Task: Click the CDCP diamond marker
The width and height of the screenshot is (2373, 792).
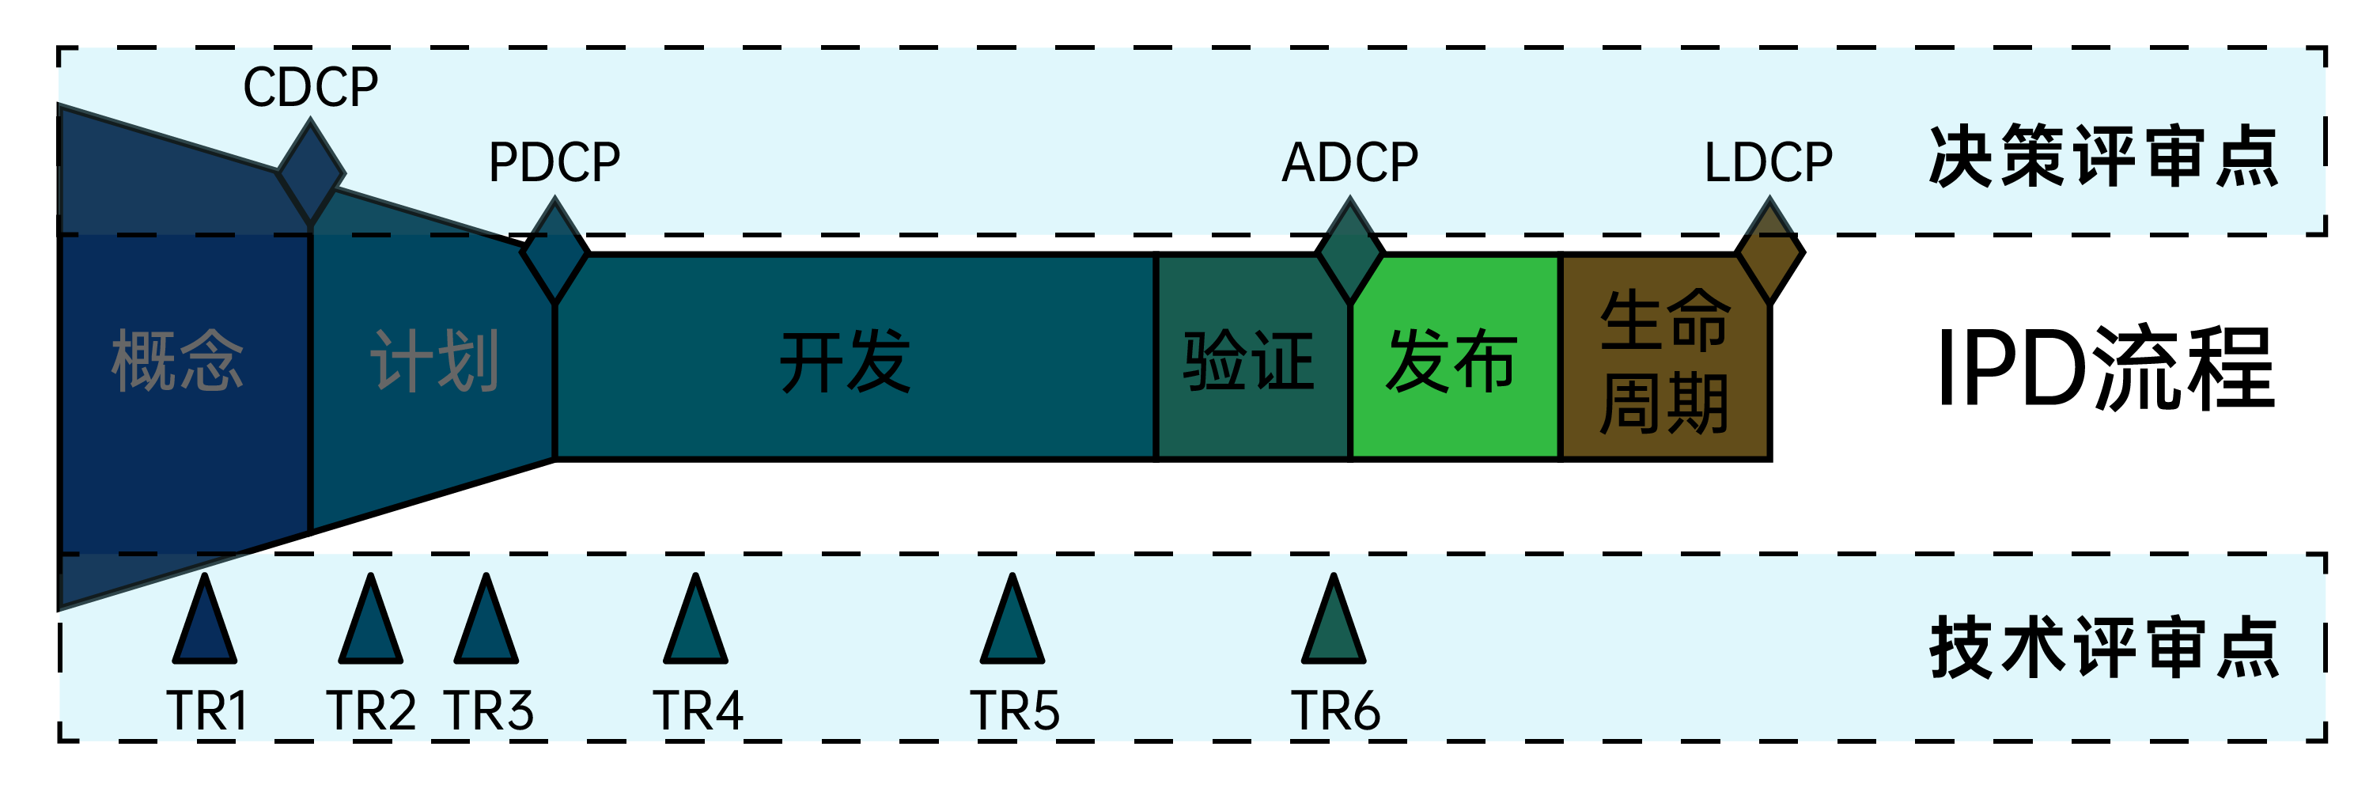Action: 310,172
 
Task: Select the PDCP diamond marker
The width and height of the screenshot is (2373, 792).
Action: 554,251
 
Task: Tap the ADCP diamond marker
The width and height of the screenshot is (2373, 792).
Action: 1349,251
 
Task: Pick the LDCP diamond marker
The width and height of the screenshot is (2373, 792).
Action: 1769,251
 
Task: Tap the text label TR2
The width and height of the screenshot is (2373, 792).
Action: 371,711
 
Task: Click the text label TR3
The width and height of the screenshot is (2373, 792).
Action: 489,711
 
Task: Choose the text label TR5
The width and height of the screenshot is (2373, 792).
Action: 1014,711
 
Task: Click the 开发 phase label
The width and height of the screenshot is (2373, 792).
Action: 846,362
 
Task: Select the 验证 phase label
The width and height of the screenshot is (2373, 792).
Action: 1249,362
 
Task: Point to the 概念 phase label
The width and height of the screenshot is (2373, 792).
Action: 178,362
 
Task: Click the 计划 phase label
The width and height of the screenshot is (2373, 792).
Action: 435,362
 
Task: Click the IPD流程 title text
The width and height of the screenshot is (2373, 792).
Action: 2105,369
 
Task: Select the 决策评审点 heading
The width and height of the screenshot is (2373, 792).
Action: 2103,157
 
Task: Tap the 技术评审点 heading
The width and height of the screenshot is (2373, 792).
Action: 2103,648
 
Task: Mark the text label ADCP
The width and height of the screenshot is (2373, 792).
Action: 1349,163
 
